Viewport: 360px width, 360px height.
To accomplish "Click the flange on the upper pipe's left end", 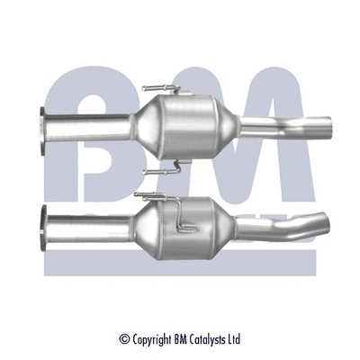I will tap(44, 125).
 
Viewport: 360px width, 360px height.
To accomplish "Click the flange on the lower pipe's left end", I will tap(46, 220).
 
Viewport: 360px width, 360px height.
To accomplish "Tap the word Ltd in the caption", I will tap(235, 340).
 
